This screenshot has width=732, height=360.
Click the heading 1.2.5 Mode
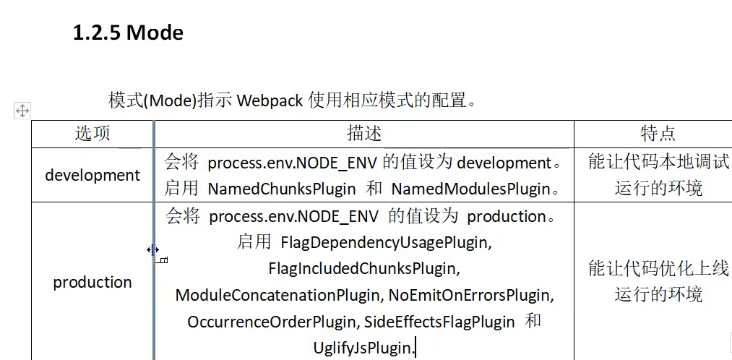point(128,33)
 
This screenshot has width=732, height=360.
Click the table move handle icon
point(22,111)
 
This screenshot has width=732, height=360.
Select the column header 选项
point(92,134)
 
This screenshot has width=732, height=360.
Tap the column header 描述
point(363,134)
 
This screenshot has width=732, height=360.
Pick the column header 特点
point(658,134)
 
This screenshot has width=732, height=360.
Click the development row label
point(92,175)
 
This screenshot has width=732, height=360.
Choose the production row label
point(92,282)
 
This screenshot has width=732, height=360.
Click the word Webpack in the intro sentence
point(270,100)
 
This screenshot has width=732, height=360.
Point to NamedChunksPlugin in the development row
point(282,189)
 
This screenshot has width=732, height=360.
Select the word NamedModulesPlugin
point(470,189)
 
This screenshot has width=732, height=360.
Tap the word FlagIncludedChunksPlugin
point(363,269)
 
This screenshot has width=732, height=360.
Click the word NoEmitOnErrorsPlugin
point(470,296)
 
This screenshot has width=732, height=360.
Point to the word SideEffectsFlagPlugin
point(439,322)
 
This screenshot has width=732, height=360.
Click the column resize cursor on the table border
point(153,250)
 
